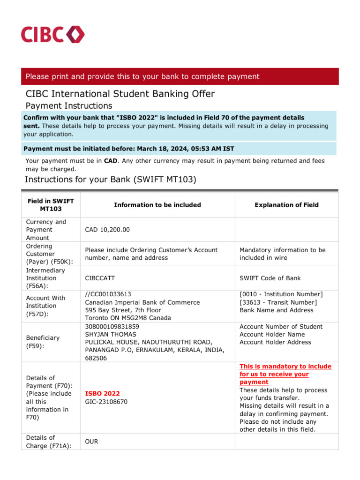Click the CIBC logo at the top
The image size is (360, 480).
click(x=52, y=35)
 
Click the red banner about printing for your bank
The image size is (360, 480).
click(x=180, y=76)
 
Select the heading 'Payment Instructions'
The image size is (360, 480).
click(x=68, y=106)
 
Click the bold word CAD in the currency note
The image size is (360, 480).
click(x=111, y=161)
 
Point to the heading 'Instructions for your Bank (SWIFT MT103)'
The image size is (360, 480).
click(x=110, y=180)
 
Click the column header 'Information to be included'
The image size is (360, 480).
click(x=157, y=205)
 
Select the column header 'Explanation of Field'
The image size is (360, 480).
click(x=286, y=205)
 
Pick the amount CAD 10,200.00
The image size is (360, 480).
click(x=107, y=230)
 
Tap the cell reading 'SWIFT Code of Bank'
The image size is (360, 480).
click(x=270, y=278)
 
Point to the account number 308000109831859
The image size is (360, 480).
click(x=112, y=327)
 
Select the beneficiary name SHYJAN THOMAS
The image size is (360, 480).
click(x=111, y=334)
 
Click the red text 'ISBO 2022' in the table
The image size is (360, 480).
click(x=102, y=393)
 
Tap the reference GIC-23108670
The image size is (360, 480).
click(x=106, y=402)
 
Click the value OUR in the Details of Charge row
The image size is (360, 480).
click(x=91, y=442)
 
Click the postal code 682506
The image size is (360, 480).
click(x=96, y=358)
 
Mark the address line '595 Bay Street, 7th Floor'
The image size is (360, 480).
click(x=123, y=310)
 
